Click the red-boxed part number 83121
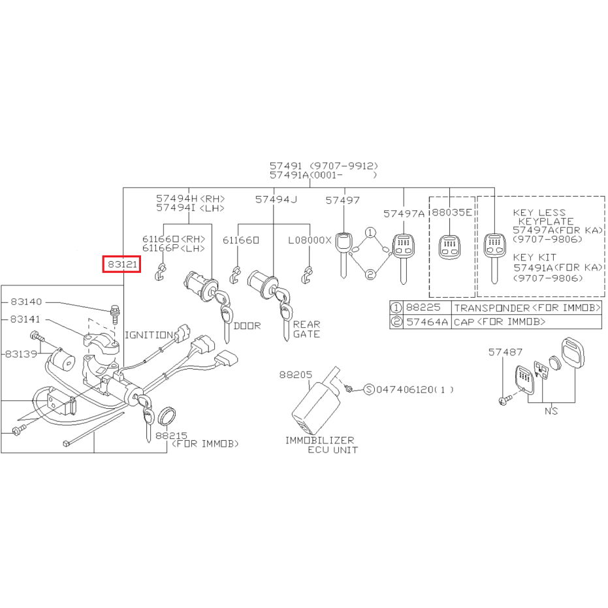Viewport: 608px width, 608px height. click(x=122, y=264)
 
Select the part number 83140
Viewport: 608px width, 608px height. click(x=26, y=302)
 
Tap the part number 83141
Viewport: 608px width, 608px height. click(x=25, y=319)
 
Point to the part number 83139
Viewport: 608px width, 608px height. click(x=22, y=354)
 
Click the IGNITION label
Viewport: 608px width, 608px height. click(x=148, y=334)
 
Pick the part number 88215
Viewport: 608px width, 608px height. click(x=171, y=436)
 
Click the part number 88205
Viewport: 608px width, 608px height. click(x=295, y=375)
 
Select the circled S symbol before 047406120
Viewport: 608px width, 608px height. click(x=369, y=389)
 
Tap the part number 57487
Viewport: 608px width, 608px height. click(x=505, y=352)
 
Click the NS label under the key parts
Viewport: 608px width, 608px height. click(x=551, y=411)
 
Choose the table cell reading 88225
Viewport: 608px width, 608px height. click(x=423, y=308)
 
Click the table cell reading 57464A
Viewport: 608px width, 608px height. click(x=427, y=322)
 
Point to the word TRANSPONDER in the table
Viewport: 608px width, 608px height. click(x=492, y=308)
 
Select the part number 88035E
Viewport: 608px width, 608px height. click(x=452, y=212)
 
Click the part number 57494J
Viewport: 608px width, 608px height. click(x=276, y=199)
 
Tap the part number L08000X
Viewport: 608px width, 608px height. click(x=310, y=240)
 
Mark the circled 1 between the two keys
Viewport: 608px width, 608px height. click(x=370, y=232)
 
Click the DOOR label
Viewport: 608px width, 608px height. click(x=247, y=326)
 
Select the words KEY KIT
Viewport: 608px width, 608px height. click(x=534, y=257)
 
